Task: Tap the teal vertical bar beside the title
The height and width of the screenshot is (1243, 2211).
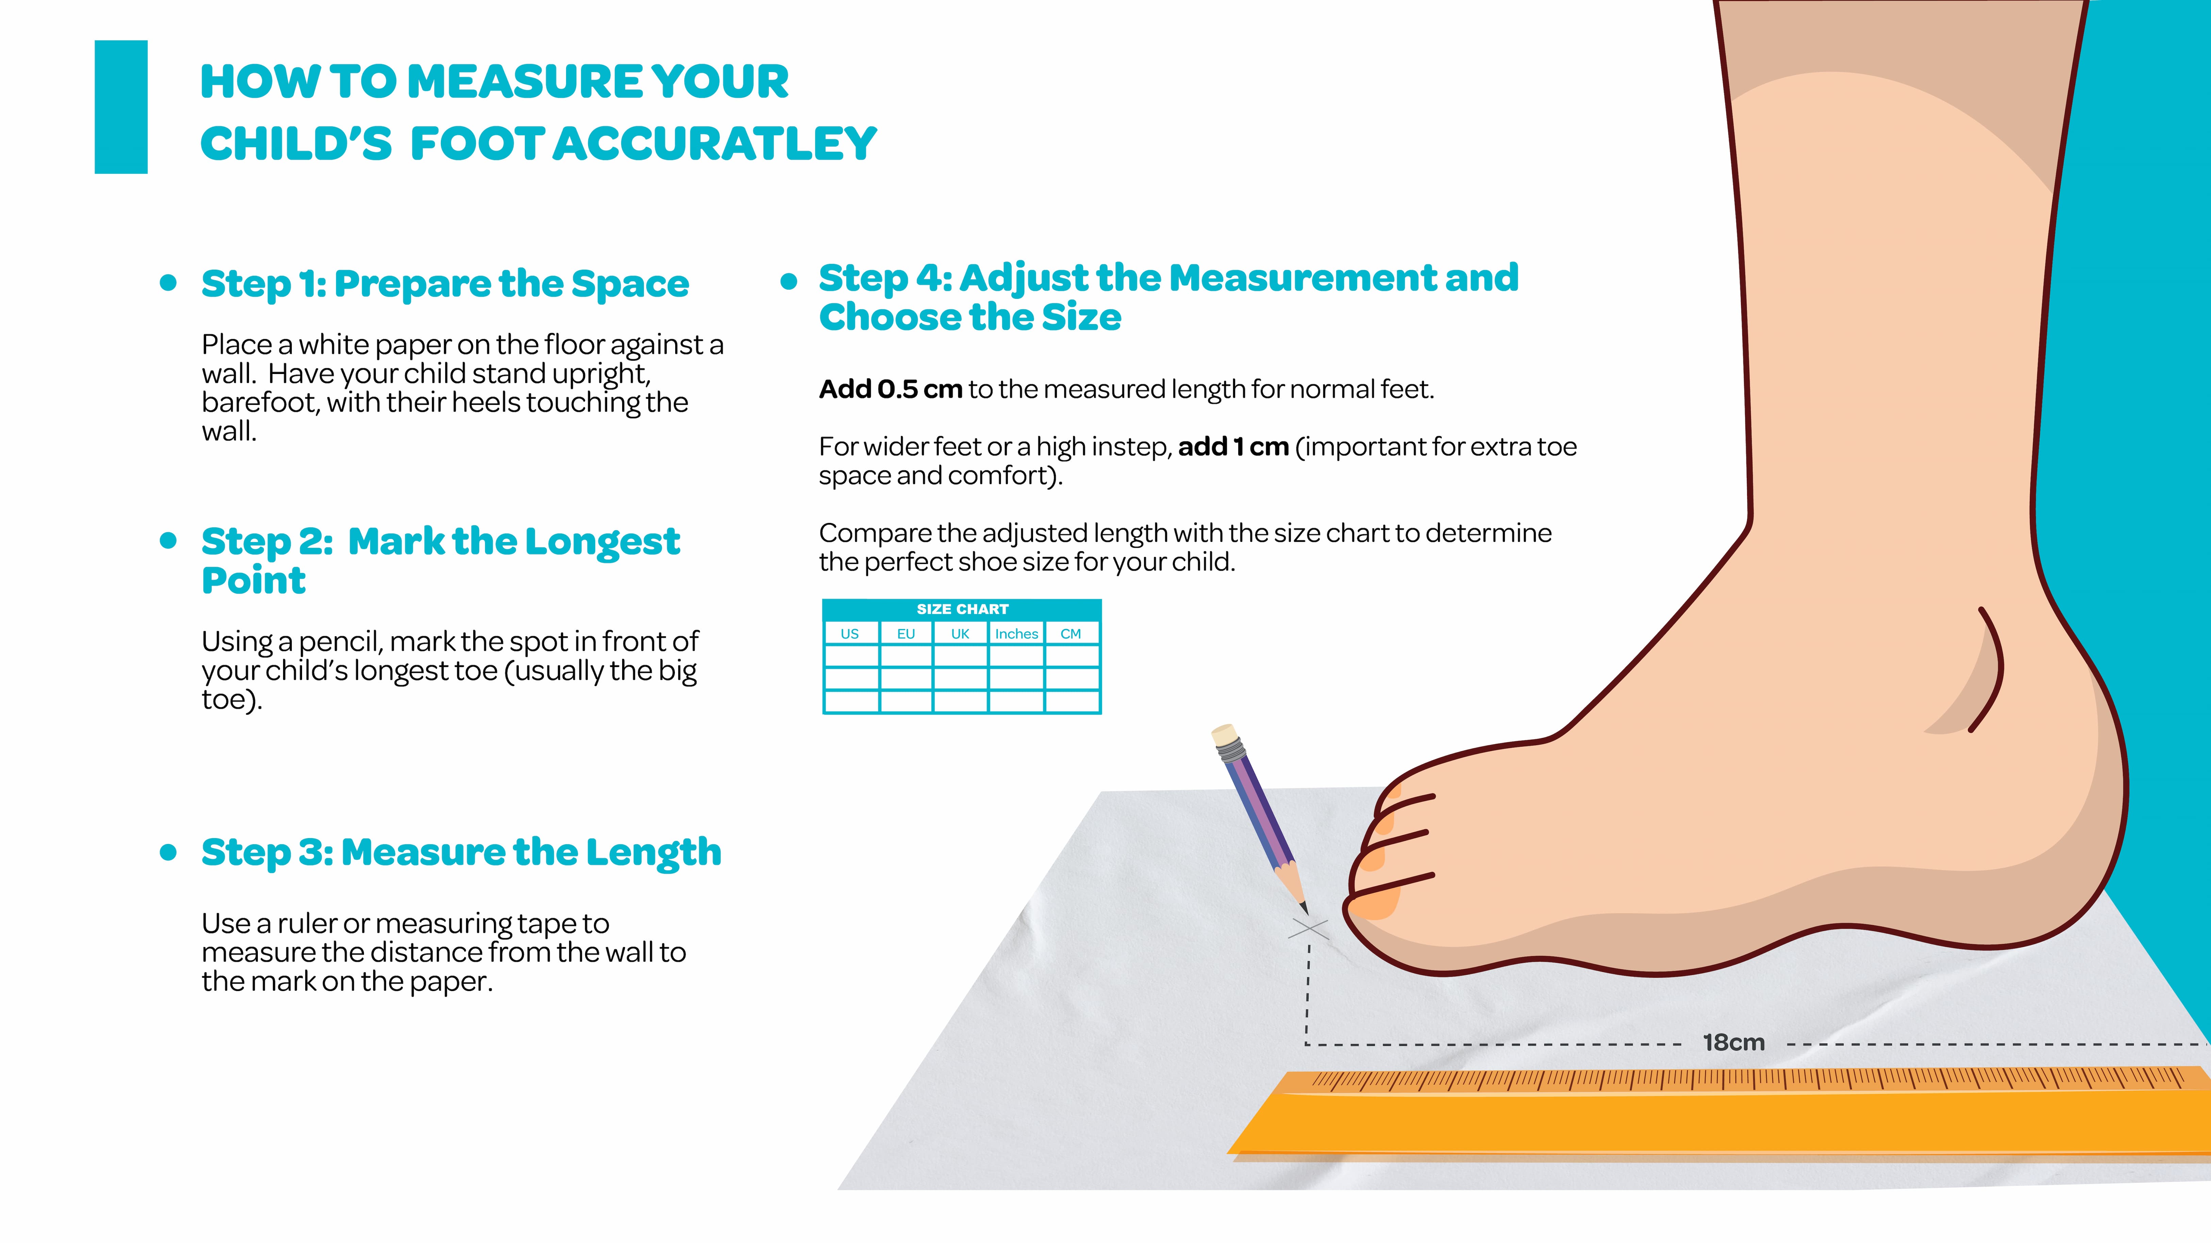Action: point(121,107)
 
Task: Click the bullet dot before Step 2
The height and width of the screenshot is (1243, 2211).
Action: point(168,541)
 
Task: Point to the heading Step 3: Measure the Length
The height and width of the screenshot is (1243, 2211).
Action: point(461,853)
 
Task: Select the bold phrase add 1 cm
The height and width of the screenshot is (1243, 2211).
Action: point(1233,447)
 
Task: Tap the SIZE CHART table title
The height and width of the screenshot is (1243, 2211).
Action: point(962,609)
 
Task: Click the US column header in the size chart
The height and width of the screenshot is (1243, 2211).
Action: point(850,634)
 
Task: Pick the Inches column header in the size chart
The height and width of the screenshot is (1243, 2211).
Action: point(1016,634)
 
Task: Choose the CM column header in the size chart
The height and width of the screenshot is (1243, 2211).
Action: point(1070,634)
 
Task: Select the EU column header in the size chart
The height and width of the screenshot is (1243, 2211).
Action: point(905,634)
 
